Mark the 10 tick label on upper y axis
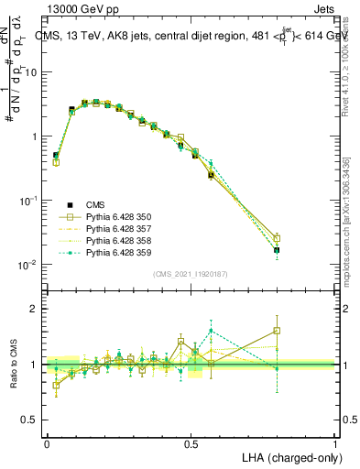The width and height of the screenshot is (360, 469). pos(32,72)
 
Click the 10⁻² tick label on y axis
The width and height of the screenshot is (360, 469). pos(30,265)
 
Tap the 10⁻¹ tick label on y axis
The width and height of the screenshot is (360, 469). pos(30,201)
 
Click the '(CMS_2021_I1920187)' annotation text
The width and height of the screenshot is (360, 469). pos(190,273)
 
